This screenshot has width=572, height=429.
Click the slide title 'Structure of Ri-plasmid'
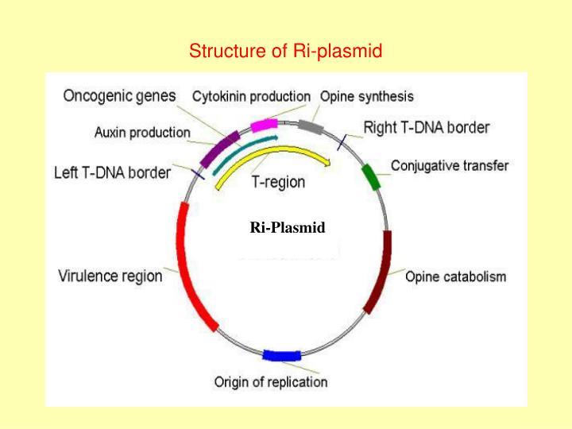(286, 52)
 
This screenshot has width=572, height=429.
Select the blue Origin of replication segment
(281, 355)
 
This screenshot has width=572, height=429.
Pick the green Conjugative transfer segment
(371, 176)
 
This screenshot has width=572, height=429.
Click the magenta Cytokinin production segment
(263, 125)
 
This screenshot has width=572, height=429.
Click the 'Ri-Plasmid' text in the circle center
(287, 227)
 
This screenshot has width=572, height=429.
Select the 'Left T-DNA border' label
(112, 171)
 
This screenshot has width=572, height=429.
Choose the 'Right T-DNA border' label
(427, 127)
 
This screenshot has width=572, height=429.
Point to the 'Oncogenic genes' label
(119, 96)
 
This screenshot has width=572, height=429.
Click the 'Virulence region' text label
(110, 276)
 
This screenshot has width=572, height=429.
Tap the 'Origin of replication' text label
(271, 382)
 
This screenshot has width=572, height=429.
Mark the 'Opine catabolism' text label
(455, 277)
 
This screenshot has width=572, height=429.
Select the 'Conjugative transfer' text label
(450, 166)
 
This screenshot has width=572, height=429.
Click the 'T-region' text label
(278, 182)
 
